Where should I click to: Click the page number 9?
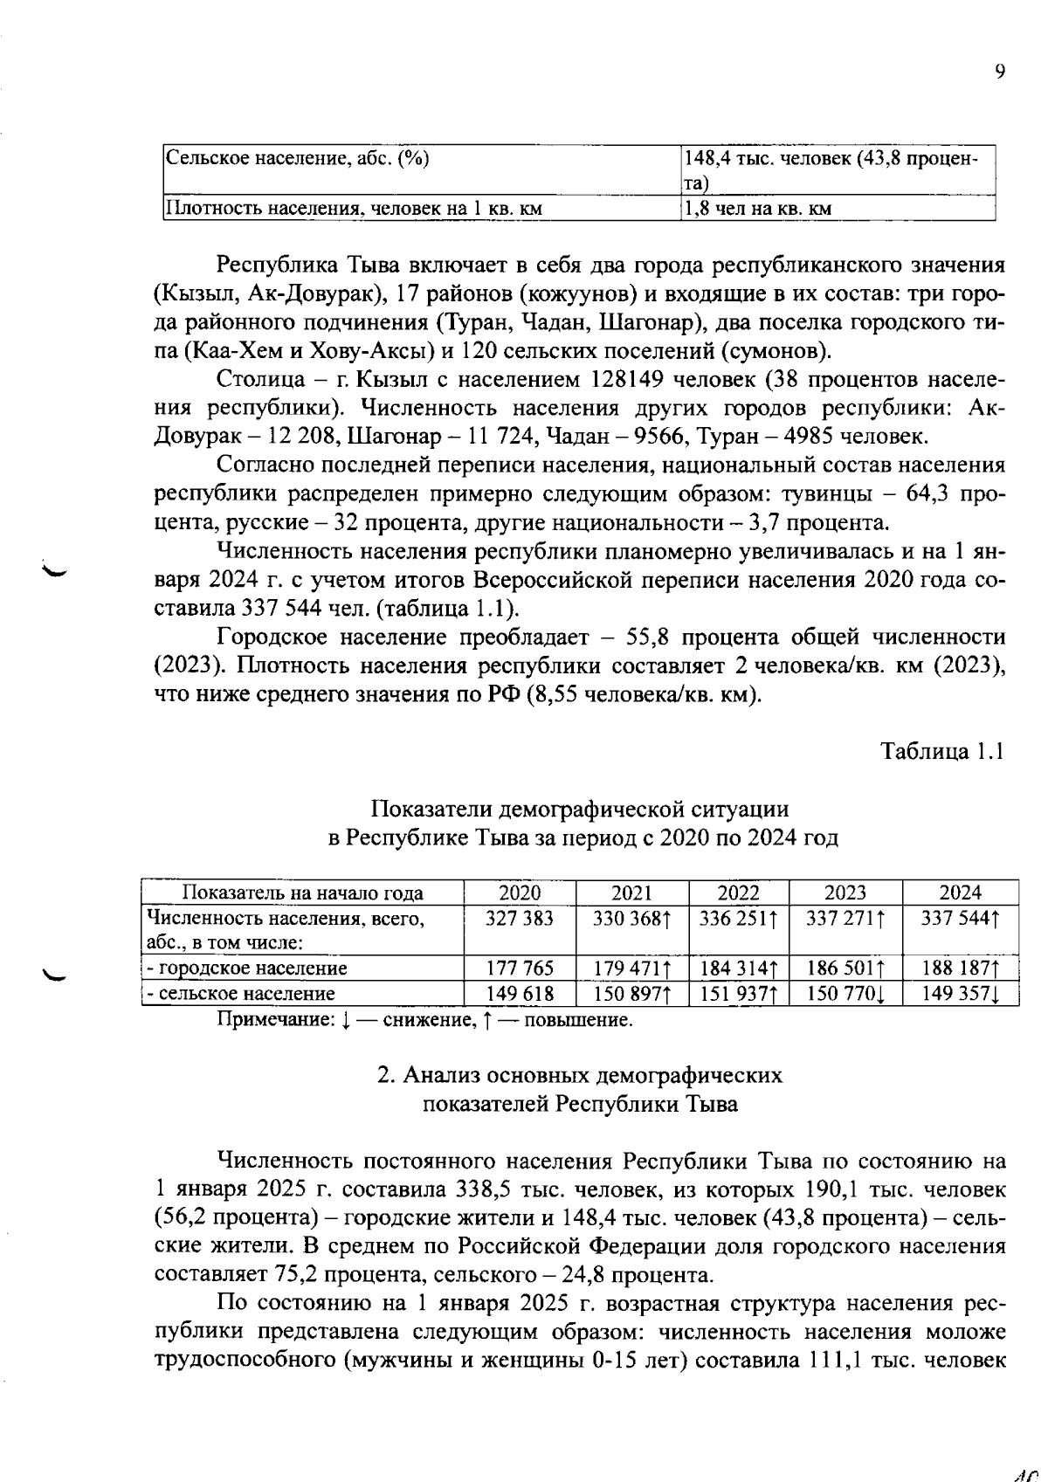coord(999,72)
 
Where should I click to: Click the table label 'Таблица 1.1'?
coord(941,751)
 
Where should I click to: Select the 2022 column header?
coord(738,893)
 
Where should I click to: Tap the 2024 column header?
coord(960,893)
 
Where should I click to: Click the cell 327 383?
coord(519,918)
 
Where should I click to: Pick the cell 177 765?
coord(519,968)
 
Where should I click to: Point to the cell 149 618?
coord(519,993)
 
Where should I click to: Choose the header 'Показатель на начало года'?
coord(302,893)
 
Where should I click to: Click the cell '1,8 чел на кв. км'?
coord(757,209)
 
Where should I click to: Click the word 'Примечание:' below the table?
coord(275,1019)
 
